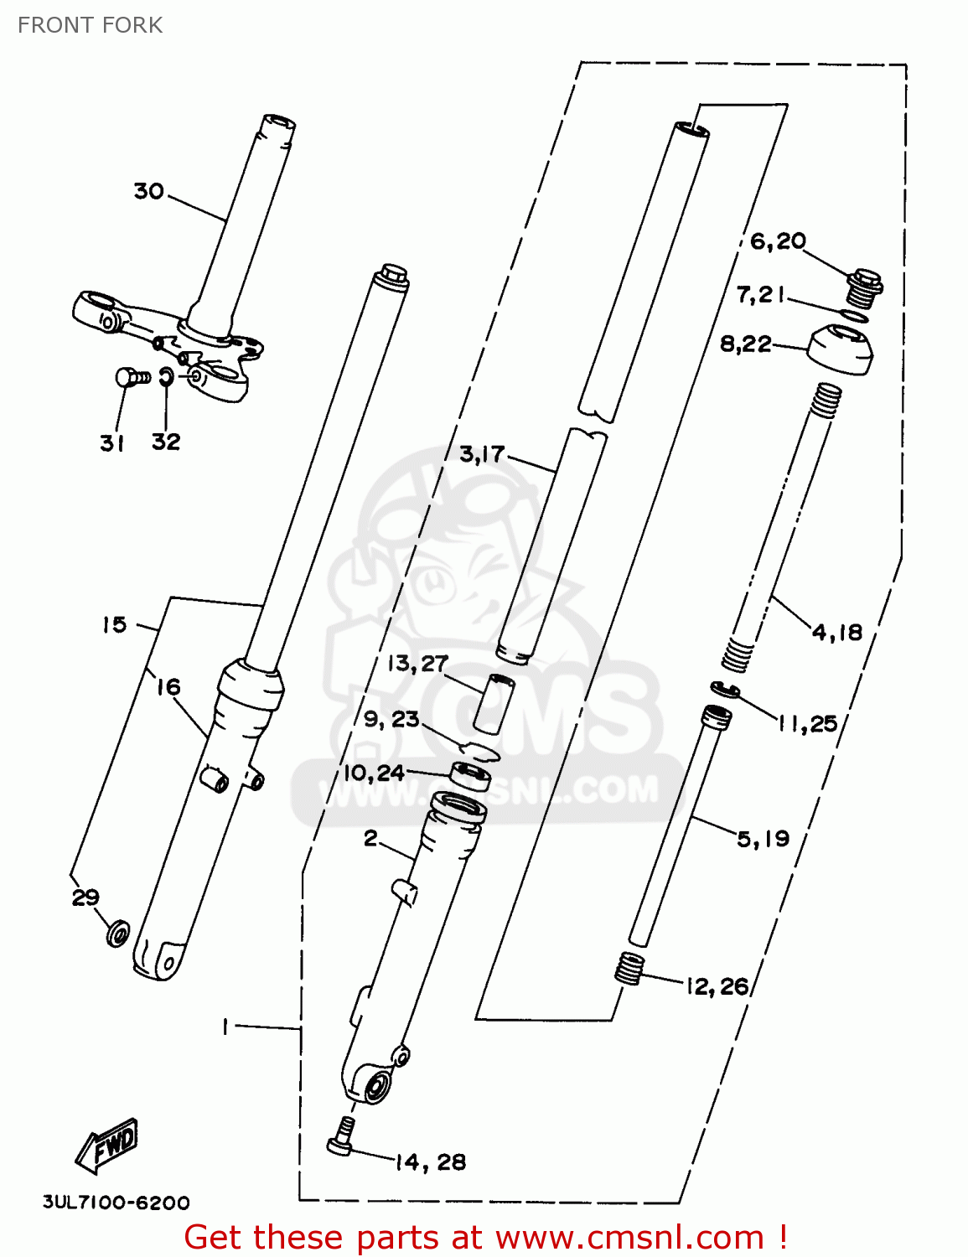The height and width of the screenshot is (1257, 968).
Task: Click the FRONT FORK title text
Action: [x=90, y=25]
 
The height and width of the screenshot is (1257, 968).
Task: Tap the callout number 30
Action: [x=148, y=191]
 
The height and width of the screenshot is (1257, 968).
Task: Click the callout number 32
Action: [x=166, y=442]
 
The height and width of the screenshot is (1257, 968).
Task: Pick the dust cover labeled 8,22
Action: [x=841, y=349]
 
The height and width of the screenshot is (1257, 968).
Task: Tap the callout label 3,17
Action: [x=482, y=454]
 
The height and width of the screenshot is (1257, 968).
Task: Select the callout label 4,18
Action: [x=837, y=632]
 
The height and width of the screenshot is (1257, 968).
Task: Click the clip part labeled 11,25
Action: [x=724, y=690]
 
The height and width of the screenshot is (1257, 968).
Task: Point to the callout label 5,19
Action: [x=763, y=838]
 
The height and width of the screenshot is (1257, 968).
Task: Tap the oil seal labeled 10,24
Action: [x=471, y=774]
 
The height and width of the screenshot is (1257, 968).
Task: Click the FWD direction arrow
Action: [x=107, y=1146]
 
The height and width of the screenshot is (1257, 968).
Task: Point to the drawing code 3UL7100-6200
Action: [x=116, y=1203]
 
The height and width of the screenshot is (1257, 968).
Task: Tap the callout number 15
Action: [x=114, y=624]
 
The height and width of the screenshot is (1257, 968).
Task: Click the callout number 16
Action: [x=168, y=687]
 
